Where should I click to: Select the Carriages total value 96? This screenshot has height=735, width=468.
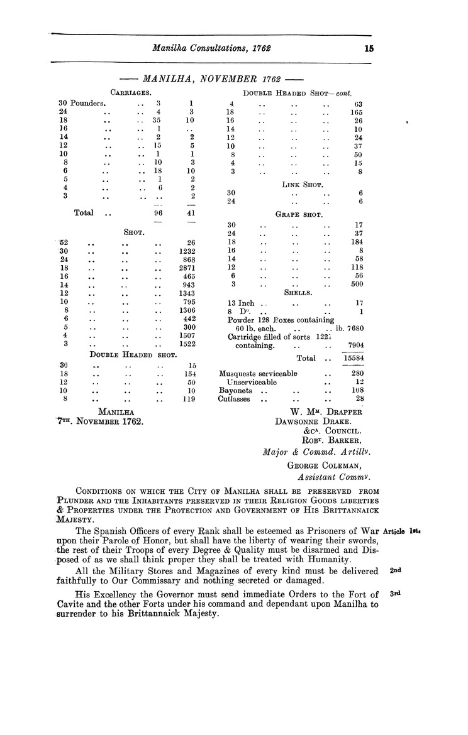(x=158, y=213)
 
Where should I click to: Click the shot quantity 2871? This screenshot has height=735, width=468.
(x=187, y=268)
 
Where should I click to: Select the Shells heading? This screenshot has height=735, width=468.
(x=299, y=292)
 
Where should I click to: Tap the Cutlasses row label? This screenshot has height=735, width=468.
(x=235, y=399)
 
